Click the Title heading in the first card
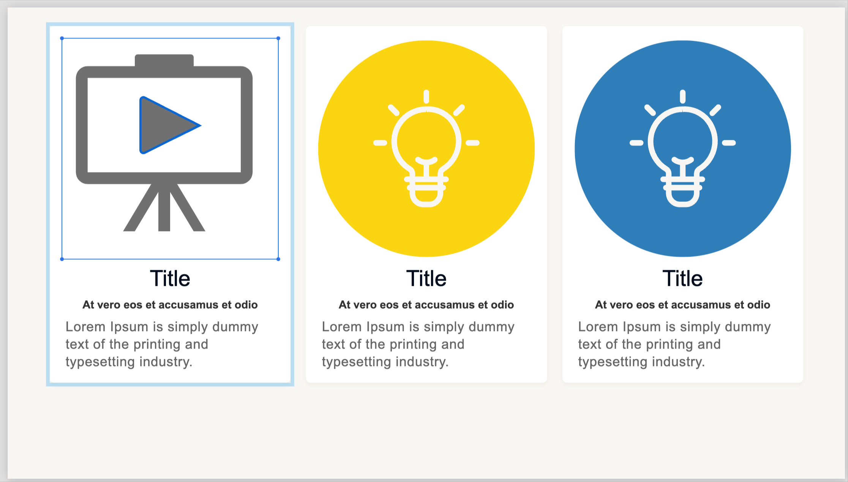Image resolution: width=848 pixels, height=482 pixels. (170, 278)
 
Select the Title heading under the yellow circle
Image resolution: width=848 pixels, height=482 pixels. (426, 278)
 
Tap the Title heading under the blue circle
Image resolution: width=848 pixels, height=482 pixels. (682, 278)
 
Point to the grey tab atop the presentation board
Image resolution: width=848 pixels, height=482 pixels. (164, 60)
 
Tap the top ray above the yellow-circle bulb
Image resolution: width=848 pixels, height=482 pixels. (426, 97)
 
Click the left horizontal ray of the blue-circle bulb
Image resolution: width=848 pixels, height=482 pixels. (636, 143)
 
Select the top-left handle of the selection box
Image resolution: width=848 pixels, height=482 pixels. (62, 38)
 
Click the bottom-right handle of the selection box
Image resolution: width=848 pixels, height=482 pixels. (278, 259)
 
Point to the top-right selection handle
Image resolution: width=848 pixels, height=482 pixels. (278, 38)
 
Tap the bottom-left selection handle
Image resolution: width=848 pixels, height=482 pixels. (62, 259)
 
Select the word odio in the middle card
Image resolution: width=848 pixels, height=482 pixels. (502, 305)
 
